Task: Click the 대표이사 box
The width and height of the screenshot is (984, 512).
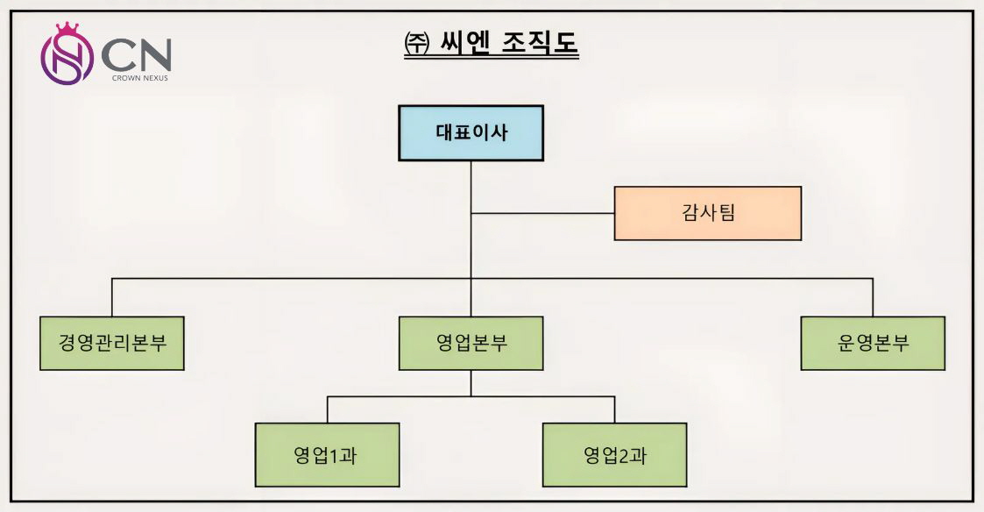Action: coord(471,132)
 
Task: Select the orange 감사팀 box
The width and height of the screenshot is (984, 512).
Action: coord(707,213)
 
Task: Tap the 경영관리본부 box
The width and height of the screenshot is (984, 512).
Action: coord(112,343)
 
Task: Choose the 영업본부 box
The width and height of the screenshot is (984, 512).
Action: coord(471,343)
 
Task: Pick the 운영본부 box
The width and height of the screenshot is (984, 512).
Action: coord(873,343)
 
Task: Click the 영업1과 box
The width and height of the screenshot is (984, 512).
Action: coord(327,455)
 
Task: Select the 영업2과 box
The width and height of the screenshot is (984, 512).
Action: coord(614,455)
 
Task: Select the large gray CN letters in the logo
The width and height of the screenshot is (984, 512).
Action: coord(136,55)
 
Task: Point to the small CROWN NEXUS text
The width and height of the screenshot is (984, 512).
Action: coord(140,78)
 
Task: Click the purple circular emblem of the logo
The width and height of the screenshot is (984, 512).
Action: coord(66,60)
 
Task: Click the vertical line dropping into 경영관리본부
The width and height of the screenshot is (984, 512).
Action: coord(112,297)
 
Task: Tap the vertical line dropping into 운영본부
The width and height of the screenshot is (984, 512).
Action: coord(873,297)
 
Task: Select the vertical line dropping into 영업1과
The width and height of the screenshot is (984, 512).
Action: coord(327,409)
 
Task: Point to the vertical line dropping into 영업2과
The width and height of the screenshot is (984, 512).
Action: coord(614,409)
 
